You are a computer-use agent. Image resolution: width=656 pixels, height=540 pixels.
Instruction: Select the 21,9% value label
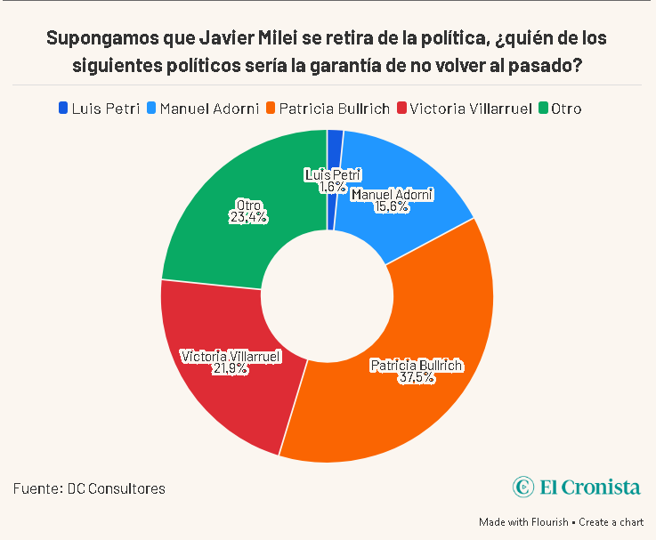231,369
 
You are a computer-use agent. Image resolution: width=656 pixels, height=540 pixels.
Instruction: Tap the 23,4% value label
248,216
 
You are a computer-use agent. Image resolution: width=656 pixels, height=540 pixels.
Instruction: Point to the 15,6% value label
392,206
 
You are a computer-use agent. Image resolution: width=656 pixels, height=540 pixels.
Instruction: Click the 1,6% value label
332,187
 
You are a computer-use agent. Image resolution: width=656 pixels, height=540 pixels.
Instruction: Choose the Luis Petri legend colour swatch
62,109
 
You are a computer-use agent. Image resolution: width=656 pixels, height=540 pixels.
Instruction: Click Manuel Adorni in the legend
210,109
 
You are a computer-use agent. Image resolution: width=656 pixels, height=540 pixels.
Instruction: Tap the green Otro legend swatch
543,109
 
